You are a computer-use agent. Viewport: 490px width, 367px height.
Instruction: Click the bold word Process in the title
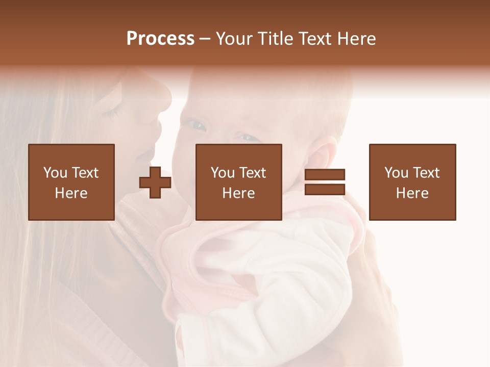(x=160, y=39)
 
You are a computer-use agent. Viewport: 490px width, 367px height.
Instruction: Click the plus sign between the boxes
(x=155, y=182)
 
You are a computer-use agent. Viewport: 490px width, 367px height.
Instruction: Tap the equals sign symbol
(x=325, y=182)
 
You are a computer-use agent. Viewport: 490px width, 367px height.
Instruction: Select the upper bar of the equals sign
(x=325, y=175)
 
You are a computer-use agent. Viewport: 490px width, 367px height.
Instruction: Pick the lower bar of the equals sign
(x=325, y=189)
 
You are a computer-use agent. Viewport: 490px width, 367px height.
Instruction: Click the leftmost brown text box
(x=71, y=182)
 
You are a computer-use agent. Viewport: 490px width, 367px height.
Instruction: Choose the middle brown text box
(x=238, y=182)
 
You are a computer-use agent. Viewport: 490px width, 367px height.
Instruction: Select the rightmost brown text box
(x=412, y=182)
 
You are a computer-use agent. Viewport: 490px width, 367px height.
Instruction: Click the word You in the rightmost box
(x=396, y=173)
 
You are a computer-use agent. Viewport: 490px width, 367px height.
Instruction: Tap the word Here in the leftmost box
(x=71, y=193)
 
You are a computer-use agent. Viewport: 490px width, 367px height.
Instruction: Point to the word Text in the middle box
(x=253, y=173)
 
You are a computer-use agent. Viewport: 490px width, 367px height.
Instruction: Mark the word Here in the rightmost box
(x=412, y=193)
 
